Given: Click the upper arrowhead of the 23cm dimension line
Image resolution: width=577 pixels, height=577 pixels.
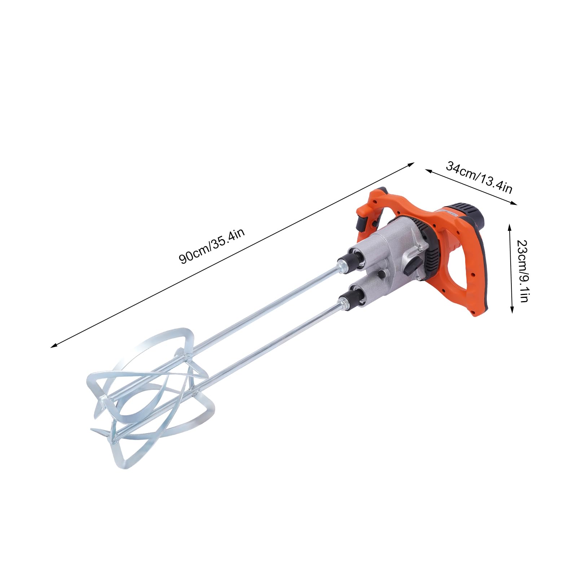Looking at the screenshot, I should click(x=510, y=226).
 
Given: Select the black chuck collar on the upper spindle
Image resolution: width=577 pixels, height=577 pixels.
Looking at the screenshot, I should click(x=347, y=259).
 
